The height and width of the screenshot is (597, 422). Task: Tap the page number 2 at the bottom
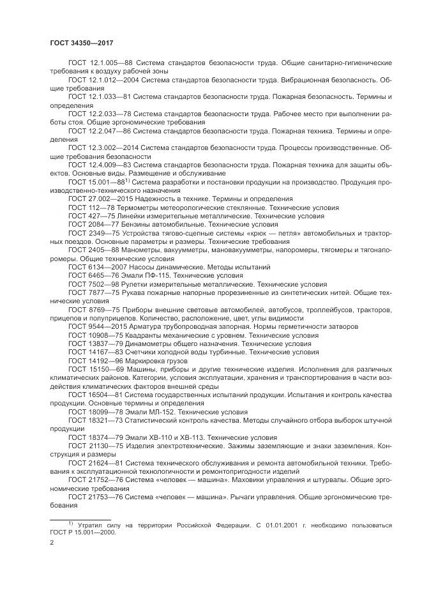52,543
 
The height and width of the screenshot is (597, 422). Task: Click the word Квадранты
155,335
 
